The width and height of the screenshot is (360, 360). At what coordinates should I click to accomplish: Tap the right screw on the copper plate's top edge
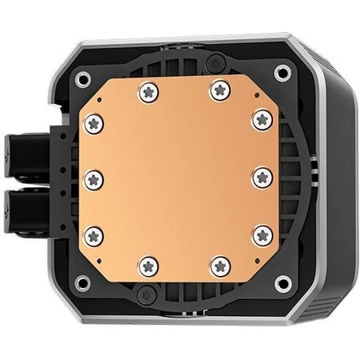click(x=218, y=92)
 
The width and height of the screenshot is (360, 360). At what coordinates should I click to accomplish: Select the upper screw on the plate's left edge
click(x=93, y=122)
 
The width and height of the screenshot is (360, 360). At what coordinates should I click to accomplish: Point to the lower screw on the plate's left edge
click(x=93, y=234)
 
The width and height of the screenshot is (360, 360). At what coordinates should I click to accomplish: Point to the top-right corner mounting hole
click(x=282, y=72)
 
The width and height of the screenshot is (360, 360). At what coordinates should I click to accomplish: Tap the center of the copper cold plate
click(x=177, y=178)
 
